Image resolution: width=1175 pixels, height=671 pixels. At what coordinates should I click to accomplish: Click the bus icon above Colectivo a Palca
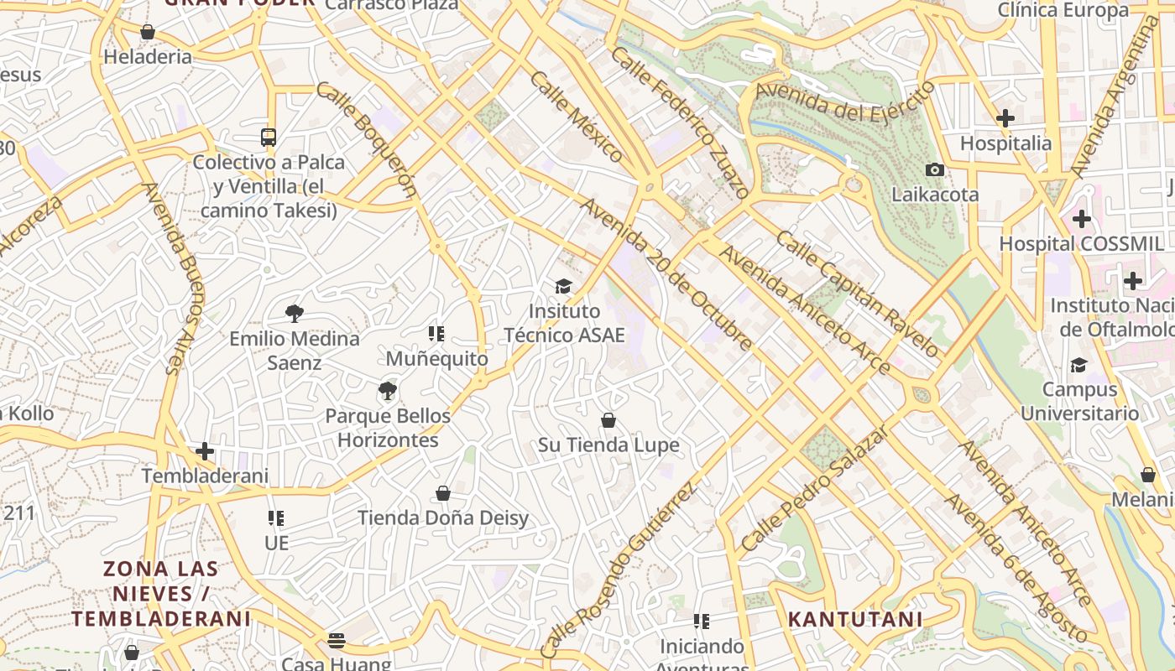pyautogui.click(x=269, y=138)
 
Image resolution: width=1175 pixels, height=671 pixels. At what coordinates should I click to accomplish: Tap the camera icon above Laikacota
pyautogui.click(x=934, y=170)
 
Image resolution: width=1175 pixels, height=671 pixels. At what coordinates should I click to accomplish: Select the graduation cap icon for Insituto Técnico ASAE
pyautogui.click(x=563, y=287)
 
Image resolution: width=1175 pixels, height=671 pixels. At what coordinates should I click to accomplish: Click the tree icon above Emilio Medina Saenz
pyautogui.click(x=294, y=314)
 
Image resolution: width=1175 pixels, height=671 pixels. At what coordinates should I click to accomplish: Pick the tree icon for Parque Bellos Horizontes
pyautogui.click(x=387, y=391)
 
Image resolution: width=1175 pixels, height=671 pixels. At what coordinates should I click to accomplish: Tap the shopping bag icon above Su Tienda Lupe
pyautogui.click(x=608, y=420)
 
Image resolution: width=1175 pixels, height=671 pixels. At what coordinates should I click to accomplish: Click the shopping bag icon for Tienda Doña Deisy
pyautogui.click(x=443, y=493)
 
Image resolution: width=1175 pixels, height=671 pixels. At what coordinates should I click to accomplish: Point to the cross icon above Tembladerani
pyautogui.click(x=205, y=451)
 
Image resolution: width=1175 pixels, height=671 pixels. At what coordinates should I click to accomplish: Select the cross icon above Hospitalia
pyautogui.click(x=1005, y=118)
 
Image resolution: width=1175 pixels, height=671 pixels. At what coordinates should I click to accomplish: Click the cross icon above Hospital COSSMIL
pyautogui.click(x=1081, y=219)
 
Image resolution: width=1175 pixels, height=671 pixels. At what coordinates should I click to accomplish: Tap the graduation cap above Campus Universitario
pyautogui.click(x=1078, y=365)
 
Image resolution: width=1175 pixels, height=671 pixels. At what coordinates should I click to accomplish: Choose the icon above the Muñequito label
pyautogui.click(x=436, y=334)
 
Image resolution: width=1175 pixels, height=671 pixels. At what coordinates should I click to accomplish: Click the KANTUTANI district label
pyautogui.click(x=854, y=620)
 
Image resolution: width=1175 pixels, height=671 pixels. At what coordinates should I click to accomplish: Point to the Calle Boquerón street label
pyautogui.click(x=367, y=139)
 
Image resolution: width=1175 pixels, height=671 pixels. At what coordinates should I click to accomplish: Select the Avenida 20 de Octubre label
pyautogui.click(x=666, y=274)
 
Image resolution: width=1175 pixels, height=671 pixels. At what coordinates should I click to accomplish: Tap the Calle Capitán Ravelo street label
pyautogui.click(x=856, y=294)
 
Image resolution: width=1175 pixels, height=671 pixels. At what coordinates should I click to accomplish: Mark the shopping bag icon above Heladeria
pyautogui.click(x=148, y=33)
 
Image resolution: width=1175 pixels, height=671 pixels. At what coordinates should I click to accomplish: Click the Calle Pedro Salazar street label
pyautogui.click(x=814, y=488)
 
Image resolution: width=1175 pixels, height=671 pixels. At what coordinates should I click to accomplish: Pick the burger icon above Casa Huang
pyautogui.click(x=337, y=641)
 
